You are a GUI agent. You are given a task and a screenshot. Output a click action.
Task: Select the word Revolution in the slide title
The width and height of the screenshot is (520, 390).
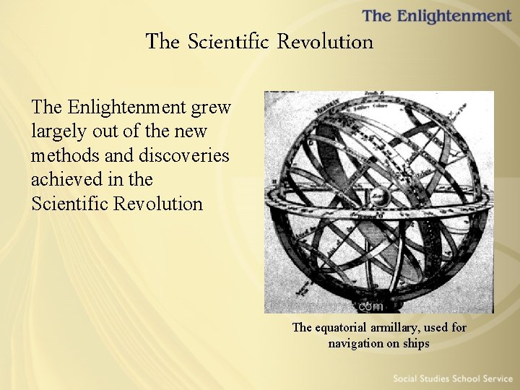326,42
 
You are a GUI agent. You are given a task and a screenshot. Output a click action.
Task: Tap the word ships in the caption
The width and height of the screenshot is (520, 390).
416,343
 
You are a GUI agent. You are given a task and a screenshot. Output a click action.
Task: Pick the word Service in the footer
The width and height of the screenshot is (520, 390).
496,378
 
